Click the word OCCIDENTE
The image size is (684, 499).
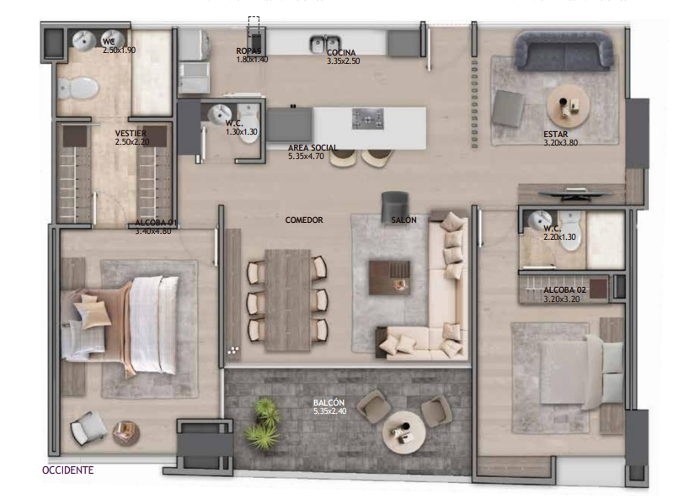[x=67, y=470]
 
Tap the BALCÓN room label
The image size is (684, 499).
[x=329, y=403]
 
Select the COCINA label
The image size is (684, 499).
[x=342, y=51]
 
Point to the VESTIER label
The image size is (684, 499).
[x=131, y=133]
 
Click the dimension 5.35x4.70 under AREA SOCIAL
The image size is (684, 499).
[x=312, y=157]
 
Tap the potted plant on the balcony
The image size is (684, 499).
[x=263, y=424]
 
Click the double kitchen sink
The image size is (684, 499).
[x=324, y=42]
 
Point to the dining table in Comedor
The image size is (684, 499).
[x=287, y=300]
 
